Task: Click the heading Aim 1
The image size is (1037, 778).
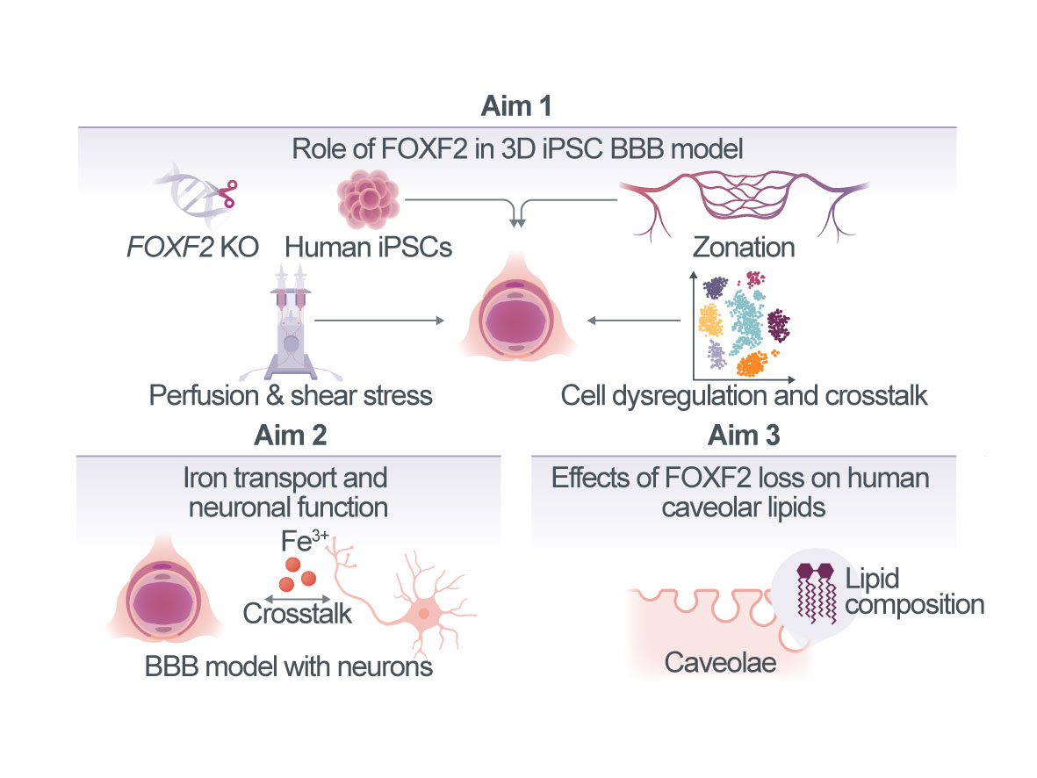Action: [516, 106]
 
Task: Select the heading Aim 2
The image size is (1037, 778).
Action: [291, 436]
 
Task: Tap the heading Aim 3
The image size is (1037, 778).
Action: [744, 436]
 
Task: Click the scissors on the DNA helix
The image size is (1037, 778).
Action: [227, 194]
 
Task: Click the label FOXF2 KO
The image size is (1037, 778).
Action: [192, 248]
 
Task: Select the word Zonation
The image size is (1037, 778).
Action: [744, 248]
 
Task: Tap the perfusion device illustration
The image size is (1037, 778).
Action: [291, 323]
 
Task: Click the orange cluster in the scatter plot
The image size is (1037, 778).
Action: [753, 364]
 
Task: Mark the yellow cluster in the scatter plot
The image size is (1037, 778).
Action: [710, 320]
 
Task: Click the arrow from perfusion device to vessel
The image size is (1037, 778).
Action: [379, 321]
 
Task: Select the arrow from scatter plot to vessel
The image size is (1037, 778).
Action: [634, 321]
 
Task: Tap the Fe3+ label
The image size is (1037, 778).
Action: [304, 541]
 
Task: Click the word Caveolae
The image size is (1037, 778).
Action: [720, 662]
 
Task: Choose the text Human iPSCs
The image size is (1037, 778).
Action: [369, 248]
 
